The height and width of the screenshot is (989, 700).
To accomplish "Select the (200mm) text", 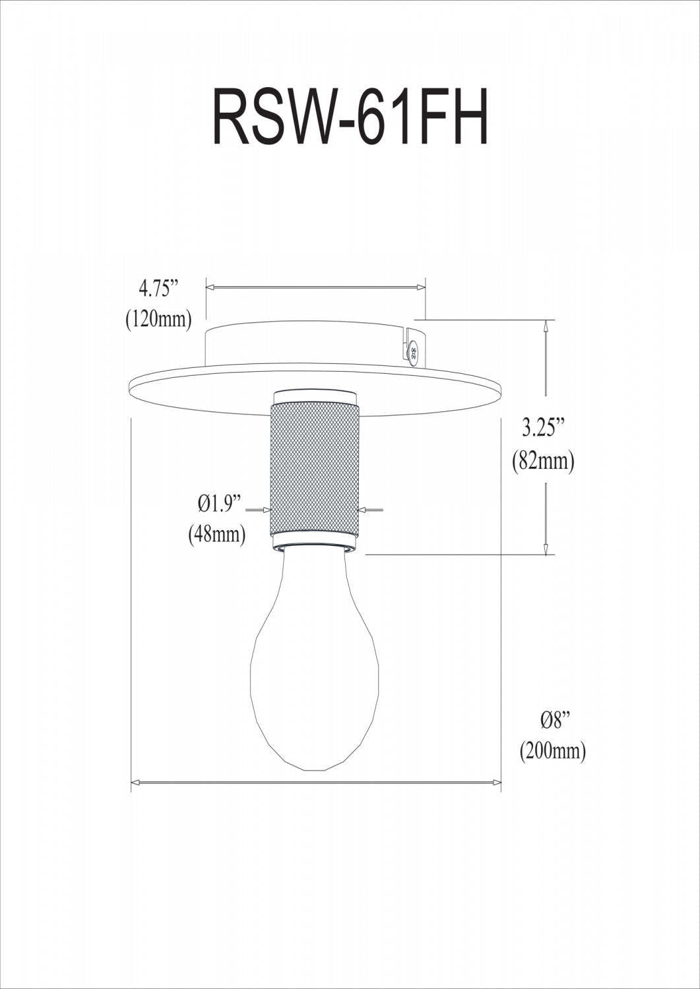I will (x=553, y=751).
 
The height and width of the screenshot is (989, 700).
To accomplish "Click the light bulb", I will (x=315, y=659).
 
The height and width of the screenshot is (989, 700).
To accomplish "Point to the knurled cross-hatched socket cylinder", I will (x=315, y=471).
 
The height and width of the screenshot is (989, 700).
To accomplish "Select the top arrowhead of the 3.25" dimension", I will (x=546, y=325).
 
